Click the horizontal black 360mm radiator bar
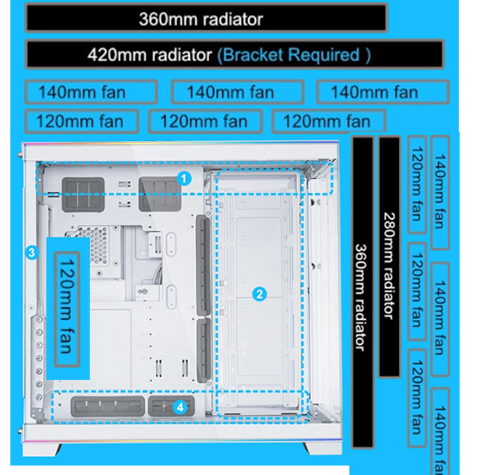coord(206,18)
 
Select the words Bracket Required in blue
coord(291,55)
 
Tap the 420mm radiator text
coord(150,55)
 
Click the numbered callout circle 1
coord(184,179)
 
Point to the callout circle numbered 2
coord(259,294)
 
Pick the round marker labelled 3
coord(32,252)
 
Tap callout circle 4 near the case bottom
coord(180,407)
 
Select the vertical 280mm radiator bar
coord(389,256)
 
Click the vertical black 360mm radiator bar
coord(363,292)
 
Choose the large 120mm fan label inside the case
coord(67,309)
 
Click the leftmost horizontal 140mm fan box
coord(91,92)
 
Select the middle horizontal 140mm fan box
coord(237,92)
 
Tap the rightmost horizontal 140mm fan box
coord(383,92)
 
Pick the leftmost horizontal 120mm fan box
coord(81,122)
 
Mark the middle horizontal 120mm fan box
coord(205,122)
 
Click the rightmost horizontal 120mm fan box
coord(329,122)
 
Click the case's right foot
coord(323,448)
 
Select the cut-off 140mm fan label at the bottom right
coord(440,431)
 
